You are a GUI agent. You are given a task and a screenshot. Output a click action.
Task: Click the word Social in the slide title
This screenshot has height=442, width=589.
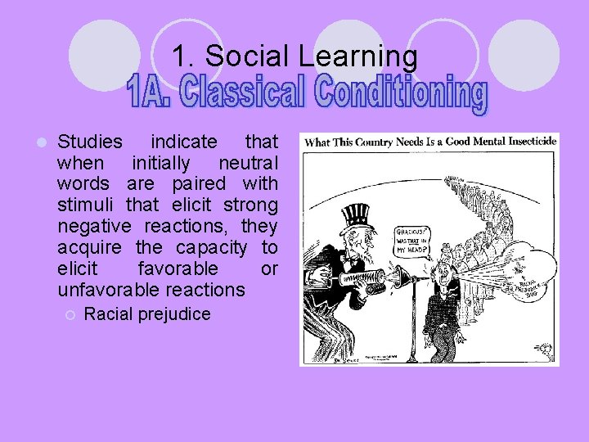241,56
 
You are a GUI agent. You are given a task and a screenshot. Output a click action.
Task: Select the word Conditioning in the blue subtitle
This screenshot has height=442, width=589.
400,96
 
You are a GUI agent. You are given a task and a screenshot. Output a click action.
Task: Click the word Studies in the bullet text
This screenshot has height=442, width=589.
90,142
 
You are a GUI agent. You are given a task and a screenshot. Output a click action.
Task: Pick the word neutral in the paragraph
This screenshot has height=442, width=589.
248,163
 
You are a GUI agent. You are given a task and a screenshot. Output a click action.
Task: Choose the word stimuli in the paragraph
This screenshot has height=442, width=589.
86,205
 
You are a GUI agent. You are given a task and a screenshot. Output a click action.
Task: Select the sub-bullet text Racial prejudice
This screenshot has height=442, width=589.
147,314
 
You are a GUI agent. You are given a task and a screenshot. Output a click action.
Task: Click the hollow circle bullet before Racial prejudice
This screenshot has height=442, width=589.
71,314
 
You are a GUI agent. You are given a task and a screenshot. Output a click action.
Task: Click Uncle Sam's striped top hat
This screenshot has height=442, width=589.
357,217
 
